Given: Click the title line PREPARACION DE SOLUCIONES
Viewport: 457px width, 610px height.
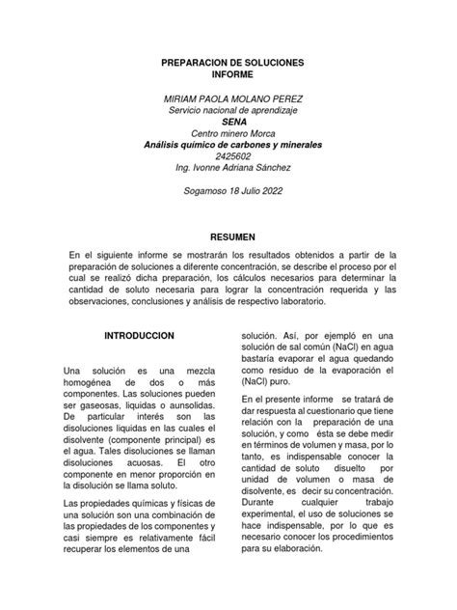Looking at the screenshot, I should (x=230, y=62).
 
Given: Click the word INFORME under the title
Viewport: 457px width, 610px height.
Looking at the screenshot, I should (x=230, y=74).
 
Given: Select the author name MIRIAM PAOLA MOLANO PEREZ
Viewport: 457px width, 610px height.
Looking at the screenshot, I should (x=230, y=99).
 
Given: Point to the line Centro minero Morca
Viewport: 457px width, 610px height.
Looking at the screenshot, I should (x=230, y=134).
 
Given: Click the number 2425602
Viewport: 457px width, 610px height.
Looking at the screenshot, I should (x=230, y=157).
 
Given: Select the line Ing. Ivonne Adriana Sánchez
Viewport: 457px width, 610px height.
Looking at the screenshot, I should (x=230, y=169).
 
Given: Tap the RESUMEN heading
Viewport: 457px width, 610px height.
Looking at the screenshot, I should (x=230, y=236).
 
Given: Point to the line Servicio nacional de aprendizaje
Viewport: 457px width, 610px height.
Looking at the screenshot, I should (x=230, y=111).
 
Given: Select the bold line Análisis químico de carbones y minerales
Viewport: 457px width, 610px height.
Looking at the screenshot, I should (x=230, y=146).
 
